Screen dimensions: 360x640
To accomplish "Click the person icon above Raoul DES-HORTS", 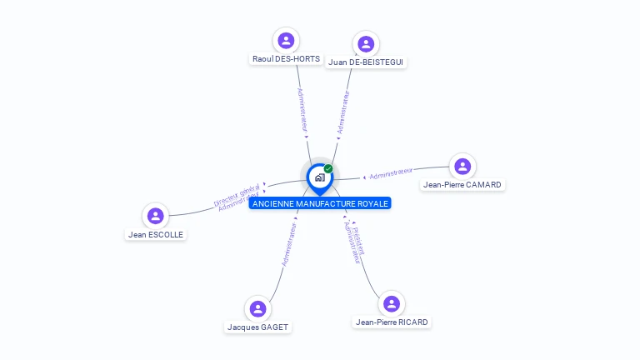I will coord(286,40).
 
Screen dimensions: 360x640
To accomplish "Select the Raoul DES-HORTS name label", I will coord(286,59).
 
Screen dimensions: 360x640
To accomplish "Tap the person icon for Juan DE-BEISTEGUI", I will coord(366,43).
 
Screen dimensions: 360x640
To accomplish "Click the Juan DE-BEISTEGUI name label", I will coord(367,62).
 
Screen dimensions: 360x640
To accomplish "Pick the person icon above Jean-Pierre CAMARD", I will coord(462,166).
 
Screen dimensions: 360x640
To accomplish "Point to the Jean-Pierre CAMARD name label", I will coord(463,185).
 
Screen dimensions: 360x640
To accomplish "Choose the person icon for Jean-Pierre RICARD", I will coord(391,303).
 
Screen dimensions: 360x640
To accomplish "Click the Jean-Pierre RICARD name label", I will coord(392,322).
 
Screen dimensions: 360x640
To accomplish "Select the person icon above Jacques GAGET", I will coord(257,308).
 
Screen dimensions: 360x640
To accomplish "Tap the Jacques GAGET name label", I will coord(257,327).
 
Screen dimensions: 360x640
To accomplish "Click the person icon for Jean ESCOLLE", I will coord(155,216).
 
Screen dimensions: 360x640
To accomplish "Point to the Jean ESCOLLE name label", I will coord(156,235).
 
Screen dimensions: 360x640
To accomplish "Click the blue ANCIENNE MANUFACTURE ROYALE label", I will coord(320,203).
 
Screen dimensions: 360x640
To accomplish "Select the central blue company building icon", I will coord(319,177).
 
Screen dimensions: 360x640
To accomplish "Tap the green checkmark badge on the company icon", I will coord(328,168).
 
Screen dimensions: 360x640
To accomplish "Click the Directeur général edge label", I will coord(236,195).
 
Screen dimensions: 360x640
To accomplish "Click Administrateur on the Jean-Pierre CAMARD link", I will coord(391,173).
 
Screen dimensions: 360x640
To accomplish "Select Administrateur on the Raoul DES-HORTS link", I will coord(302,109).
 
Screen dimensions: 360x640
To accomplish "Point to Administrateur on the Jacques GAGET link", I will coord(288,243).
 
